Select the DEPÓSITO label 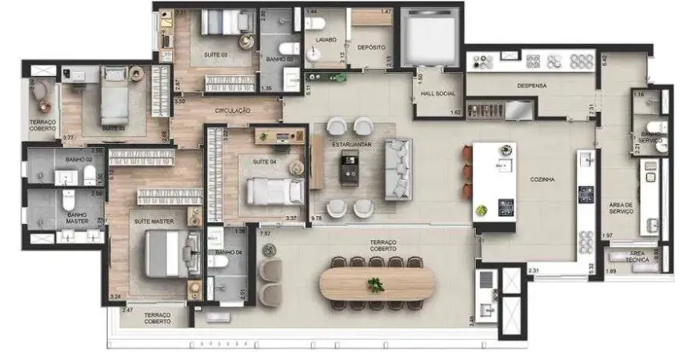pos(371,46)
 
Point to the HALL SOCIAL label pos(438,94)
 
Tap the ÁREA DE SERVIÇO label pos(621,209)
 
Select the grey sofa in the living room pos(398,169)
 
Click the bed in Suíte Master pos(167,254)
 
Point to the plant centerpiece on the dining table pos(375,284)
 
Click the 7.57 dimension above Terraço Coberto pos(266,233)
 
